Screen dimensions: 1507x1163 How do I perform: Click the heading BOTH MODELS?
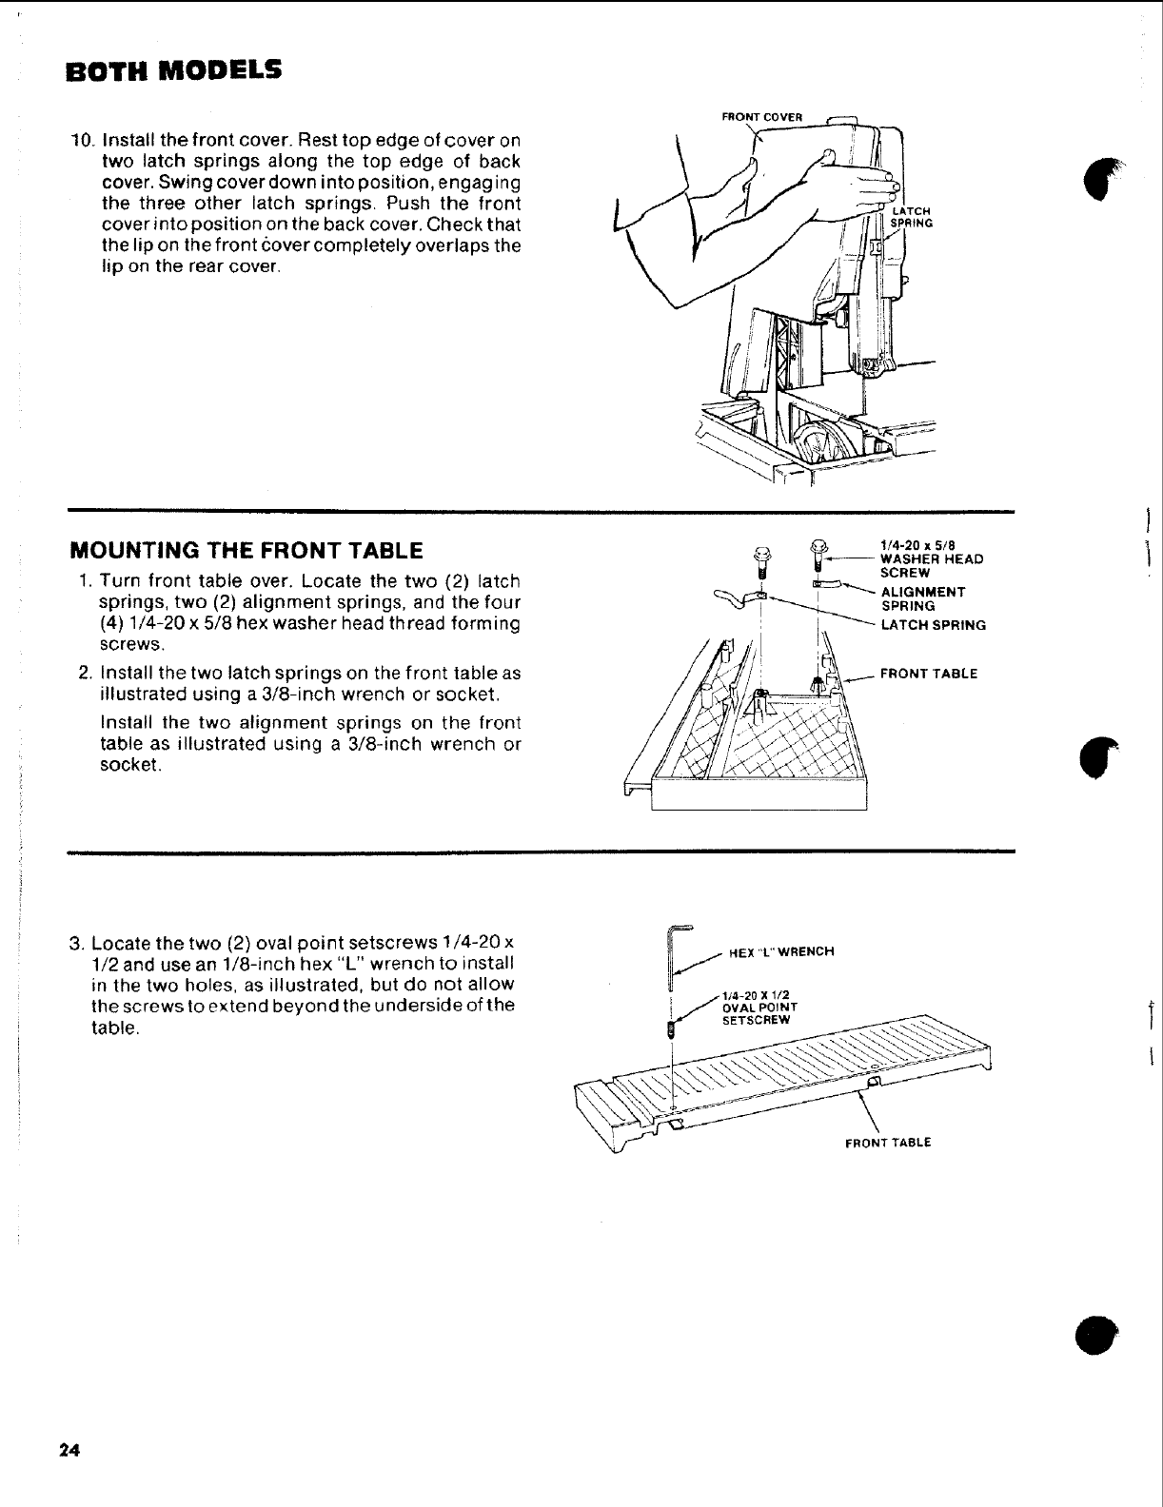click(x=173, y=71)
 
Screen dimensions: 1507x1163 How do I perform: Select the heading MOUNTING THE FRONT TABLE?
click(x=246, y=550)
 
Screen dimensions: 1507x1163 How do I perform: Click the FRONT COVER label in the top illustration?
click(x=762, y=117)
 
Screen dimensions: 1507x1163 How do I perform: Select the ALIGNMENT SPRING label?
click(x=923, y=598)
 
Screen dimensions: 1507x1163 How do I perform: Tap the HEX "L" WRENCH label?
click(x=780, y=951)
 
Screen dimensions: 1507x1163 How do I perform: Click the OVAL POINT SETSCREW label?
click(x=759, y=1007)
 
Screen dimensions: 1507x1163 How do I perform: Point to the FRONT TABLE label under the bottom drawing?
click(x=887, y=1143)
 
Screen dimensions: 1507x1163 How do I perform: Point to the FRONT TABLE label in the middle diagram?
click(x=928, y=674)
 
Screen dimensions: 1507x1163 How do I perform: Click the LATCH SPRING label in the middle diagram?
click(x=933, y=625)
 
